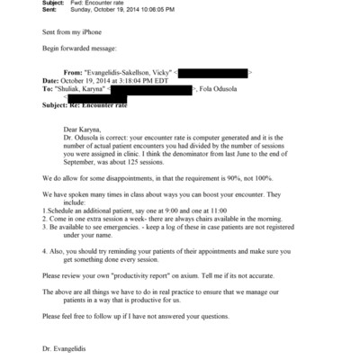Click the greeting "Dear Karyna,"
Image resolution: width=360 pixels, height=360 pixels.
(85, 130)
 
